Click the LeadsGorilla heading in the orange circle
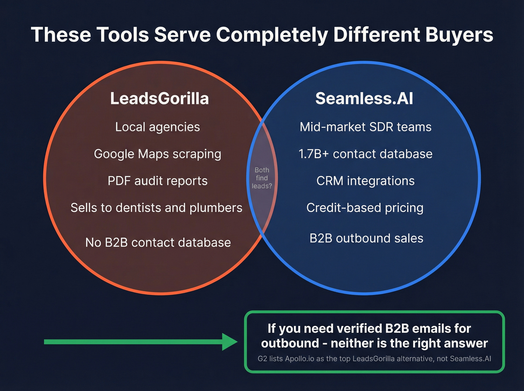[159, 98]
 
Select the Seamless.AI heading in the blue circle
[364, 98]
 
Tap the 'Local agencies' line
[158, 127]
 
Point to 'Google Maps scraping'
[158, 154]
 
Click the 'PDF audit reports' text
[158, 181]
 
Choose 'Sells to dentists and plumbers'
[156, 208]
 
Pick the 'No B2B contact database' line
[158, 242]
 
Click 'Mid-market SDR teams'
[366, 127]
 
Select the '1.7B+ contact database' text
[366, 154]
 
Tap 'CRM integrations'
[366, 181]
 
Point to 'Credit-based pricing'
[365, 208]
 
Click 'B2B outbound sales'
[366, 238]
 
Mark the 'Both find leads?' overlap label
[262, 178]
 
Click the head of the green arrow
[229, 342]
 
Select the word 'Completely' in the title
[272, 35]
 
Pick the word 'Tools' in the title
[123, 35]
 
